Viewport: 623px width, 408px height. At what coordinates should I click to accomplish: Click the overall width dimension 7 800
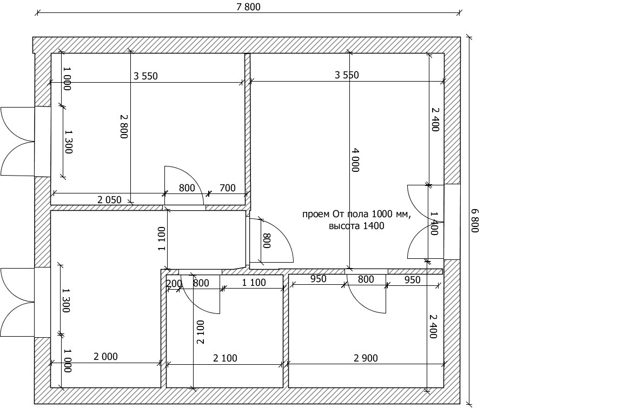click(x=248, y=6)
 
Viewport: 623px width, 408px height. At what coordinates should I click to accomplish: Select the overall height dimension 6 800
click(x=475, y=220)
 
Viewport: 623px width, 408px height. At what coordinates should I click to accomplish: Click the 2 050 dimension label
click(x=109, y=199)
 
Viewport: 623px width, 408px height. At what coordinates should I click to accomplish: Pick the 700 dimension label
click(x=228, y=188)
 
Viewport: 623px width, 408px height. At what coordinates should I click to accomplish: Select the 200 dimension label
click(x=174, y=283)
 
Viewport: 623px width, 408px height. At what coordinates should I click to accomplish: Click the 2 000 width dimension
click(x=105, y=357)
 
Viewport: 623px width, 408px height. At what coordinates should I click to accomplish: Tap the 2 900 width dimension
click(x=366, y=358)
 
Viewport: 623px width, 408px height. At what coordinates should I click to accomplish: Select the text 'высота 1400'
click(x=356, y=226)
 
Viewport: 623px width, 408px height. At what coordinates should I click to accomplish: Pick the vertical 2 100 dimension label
click(x=201, y=332)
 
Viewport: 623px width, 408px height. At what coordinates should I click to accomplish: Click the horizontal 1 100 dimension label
click(x=254, y=283)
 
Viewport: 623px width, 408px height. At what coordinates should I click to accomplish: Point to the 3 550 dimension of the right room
click(x=347, y=75)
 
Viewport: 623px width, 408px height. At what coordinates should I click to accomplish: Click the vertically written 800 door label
click(x=266, y=240)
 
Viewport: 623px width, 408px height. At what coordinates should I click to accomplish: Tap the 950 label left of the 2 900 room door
click(x=318, y=279)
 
